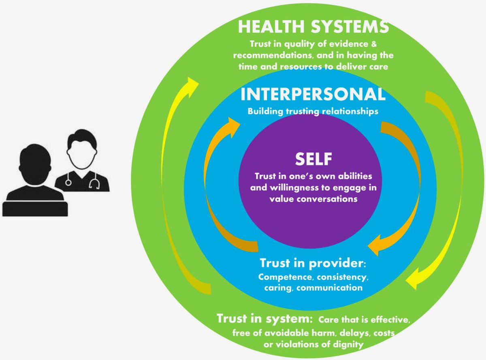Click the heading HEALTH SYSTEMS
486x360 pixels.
[x=313, y=27]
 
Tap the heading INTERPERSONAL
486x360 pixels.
[x=313, y=94]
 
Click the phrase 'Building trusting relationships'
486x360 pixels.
[x=313, y=111]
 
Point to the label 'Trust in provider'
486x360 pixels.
[x=312, y=264]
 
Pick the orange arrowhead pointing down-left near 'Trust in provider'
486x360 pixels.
[x=377, y=245]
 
